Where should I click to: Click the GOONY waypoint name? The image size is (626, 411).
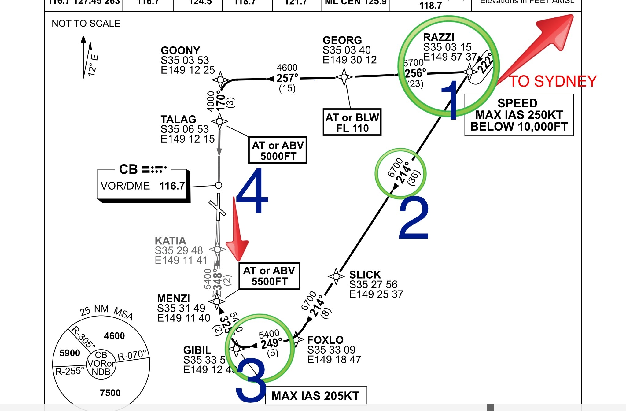180,50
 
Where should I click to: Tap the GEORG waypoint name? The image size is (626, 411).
342,40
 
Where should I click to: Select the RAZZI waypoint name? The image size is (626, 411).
439,37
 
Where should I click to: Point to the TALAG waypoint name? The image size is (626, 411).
178,119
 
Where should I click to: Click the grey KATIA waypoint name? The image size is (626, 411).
170,241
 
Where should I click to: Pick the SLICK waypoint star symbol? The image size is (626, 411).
336,276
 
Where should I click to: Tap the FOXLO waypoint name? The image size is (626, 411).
325,340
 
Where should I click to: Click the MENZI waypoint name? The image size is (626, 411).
173,298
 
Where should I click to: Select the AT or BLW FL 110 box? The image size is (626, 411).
352,122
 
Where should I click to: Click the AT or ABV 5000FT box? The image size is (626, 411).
278,150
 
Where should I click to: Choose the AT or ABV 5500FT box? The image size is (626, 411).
269,276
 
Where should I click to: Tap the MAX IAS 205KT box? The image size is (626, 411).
316,396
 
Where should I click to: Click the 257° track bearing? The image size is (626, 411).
287,78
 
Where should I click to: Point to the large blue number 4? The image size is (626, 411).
252,191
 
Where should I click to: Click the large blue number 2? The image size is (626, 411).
414,218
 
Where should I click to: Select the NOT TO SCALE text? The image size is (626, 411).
86,24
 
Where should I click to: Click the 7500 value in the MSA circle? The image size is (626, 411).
110,393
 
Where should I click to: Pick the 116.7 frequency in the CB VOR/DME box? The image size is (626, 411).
172,186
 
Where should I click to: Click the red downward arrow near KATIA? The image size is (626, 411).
237,232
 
